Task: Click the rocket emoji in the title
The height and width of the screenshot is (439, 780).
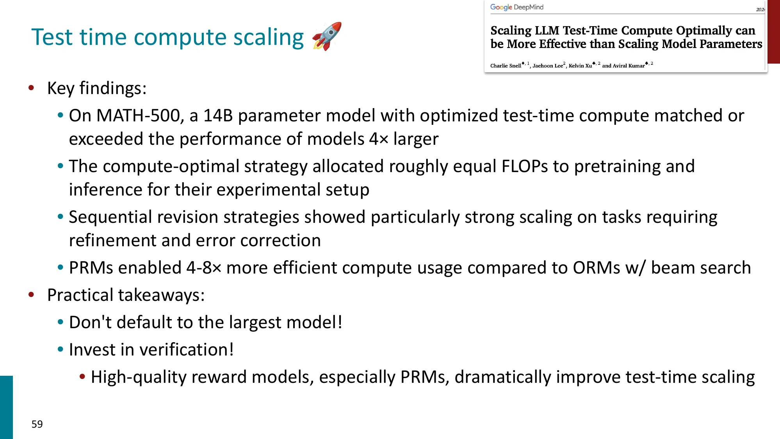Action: pyautogui.click(x=327, y=36)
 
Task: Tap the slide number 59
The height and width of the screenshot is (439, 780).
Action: pyautogui.click(x=37, y=424)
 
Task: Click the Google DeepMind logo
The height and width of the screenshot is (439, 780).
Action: pyautogui.click(x=516, y=7)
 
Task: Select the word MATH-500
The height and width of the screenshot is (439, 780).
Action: pyautogui.click(x=138, y=116)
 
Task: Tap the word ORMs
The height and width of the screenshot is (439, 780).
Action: pyautogui.click(x=597, y=268)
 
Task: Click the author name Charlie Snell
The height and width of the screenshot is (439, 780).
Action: pyautogui.click(x=506, y=66)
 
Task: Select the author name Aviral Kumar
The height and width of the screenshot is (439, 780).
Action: pyautogui.click(x=629, y=66)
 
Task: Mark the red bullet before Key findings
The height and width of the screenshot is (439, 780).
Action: pyautogui.click(x=31, y=88)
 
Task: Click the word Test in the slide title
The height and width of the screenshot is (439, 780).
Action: pyautogui.click(x=52, y=37)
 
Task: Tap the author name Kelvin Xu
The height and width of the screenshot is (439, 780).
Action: pyautogui.click(x=580, y=66)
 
